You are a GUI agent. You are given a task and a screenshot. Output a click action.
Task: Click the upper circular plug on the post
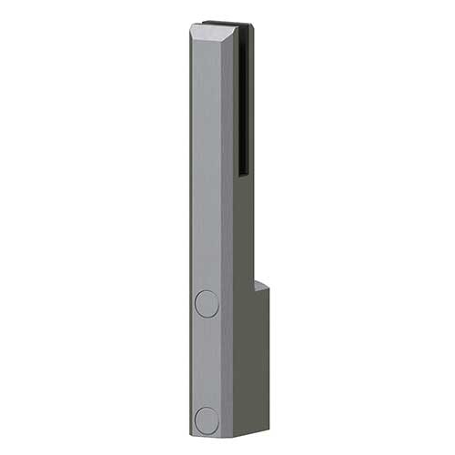[x=207, y=304]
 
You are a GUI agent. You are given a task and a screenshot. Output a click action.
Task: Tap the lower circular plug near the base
[x=207, y=420]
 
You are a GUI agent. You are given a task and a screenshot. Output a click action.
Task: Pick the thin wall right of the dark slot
[x=251, y=100]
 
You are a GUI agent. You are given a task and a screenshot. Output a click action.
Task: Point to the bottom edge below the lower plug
[x=207, y=432]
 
